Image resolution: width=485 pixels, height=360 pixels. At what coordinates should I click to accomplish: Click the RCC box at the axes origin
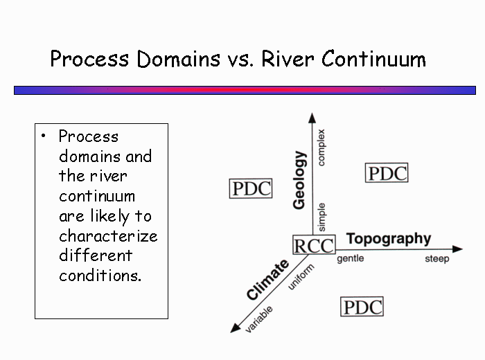(314, 245)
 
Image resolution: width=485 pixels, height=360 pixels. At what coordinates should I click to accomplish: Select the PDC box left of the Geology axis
(251, 188)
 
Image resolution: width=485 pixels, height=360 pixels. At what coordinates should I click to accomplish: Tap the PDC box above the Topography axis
(387, 173)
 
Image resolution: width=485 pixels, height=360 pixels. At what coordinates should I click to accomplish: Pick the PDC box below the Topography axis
(362, 307)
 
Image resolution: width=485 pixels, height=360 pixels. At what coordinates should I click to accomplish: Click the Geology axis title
(299, 180)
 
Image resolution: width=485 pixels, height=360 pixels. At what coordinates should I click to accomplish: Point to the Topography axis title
(389, 239)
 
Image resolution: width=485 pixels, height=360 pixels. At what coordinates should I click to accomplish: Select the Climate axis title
(267, 280)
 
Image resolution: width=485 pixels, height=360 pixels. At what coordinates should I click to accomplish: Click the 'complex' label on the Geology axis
(321, 147)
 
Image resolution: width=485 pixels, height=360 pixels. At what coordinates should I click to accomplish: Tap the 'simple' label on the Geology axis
(321, 217)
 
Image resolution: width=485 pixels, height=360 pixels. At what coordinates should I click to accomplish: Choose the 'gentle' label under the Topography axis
(350, 258)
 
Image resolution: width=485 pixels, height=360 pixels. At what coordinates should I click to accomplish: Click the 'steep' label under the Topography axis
(436, 259)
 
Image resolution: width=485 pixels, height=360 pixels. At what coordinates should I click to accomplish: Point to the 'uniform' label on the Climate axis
(301, 277)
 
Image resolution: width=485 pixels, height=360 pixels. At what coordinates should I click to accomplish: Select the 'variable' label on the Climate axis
(259, 319)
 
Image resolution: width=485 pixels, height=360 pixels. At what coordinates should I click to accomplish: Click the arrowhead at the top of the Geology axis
(312, 118)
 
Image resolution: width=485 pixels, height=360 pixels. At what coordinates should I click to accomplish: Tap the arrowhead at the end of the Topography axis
(457, 249)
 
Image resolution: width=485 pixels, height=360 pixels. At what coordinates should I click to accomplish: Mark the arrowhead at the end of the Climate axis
(235, 328)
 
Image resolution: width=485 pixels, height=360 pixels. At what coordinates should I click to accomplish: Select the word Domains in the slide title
(179, 59)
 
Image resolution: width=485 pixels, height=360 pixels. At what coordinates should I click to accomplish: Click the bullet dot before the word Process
(43, 136)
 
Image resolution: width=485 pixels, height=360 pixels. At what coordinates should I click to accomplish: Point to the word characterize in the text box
(108, 236)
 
